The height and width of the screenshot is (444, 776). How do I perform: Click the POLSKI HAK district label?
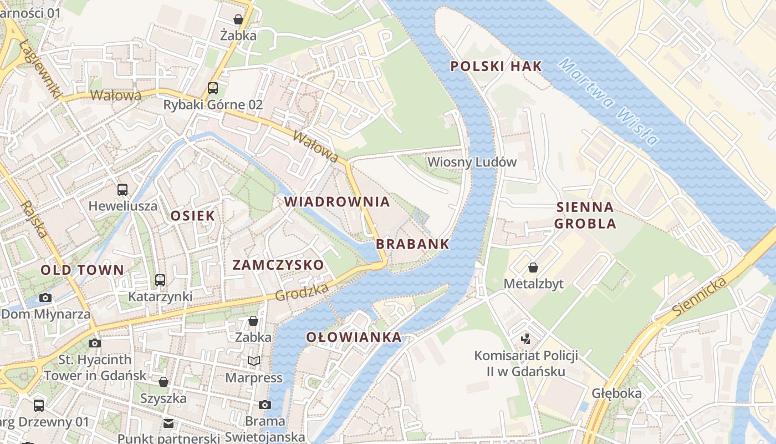[x=496, y=67]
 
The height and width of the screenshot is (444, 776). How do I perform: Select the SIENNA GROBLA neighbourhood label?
[x=585, y=215]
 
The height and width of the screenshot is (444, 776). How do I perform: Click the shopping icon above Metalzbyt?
[x=533, y=268]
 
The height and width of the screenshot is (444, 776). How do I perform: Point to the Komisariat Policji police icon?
[x=525, y=338]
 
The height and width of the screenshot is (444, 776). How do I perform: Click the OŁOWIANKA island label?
[x=354, y=337]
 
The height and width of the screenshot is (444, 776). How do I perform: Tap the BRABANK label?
[x=412, y=244]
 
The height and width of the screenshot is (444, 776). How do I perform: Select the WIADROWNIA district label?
[x=337, y=202]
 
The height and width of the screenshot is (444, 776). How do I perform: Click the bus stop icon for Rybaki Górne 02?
[x=213, y=88]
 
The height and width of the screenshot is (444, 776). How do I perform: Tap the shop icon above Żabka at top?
[x=238, y=20]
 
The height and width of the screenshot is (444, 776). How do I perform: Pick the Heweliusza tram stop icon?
[x=122, y=190]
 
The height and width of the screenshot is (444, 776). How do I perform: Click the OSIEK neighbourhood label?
[x=192, y=216]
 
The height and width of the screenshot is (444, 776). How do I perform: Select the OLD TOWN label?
[x=82, y=270]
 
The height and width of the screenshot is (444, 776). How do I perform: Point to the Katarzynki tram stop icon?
[x=160, y=280]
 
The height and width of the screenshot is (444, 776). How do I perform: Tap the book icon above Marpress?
[x=254, y=361]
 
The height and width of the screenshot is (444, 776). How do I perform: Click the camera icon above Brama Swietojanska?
[x=265, y=405]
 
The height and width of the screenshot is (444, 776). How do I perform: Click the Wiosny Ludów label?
[x=472, y=162]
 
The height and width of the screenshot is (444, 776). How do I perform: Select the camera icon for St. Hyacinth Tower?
[x=95, y=343]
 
